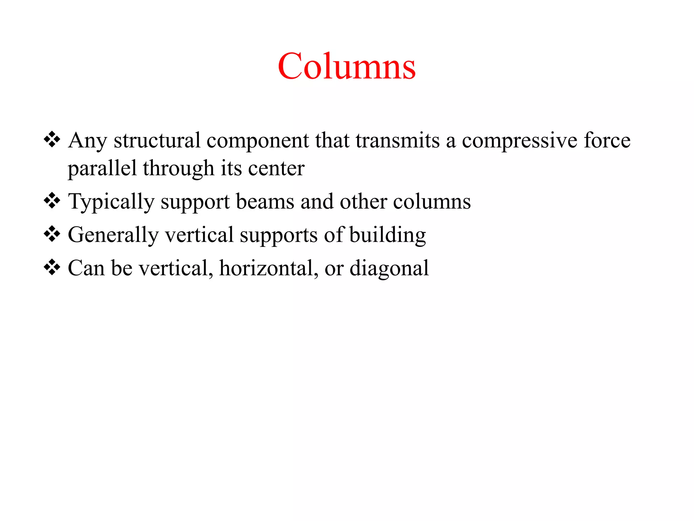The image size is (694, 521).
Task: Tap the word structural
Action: tap(157, 140)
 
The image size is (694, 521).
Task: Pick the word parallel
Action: tap(102, 169)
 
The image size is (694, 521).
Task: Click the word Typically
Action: tap(111, 202)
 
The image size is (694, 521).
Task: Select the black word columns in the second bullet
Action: tap(432, 201)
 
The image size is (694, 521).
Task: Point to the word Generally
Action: tap(113, 235)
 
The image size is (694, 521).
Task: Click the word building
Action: tap(387, 235)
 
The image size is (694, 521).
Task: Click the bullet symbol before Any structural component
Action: tap(52, 139)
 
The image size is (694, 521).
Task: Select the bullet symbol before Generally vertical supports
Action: tap(52, 234)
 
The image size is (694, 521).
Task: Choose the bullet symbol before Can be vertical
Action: tap(52, 267)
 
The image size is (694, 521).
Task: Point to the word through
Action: tap(178, 169)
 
